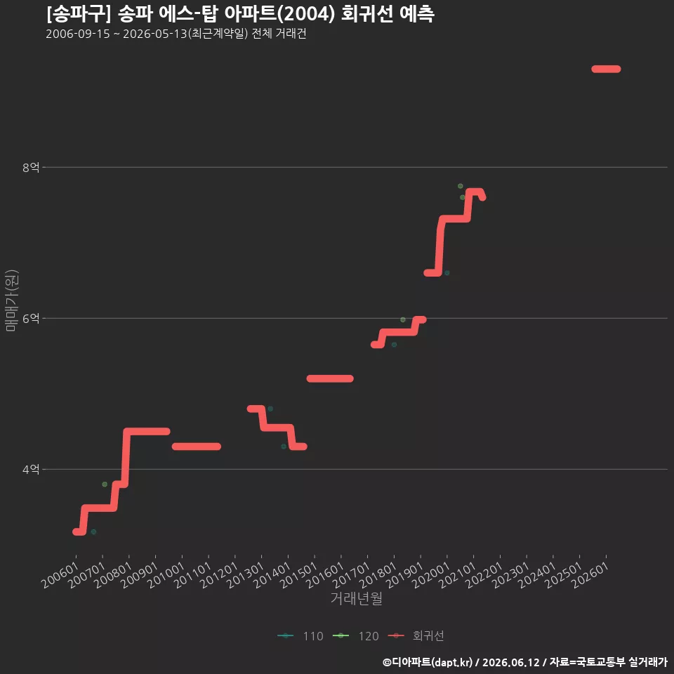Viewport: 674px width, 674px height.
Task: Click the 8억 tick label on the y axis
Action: [x=31, y=167]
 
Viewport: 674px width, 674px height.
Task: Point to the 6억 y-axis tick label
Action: [x=31, y=319]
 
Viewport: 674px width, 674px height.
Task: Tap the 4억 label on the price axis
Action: [x=31, y=470]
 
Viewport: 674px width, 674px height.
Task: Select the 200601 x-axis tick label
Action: [x=60, y=575]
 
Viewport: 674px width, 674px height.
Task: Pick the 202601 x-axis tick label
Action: [x=590, y=575]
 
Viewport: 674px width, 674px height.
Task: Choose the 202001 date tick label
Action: [x=431, y=575]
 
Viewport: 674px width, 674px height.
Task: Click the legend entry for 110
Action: [x=300, y=636]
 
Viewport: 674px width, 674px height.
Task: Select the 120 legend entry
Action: [x=356, y=636]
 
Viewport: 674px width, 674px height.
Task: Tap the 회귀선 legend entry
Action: [x=416, y=636]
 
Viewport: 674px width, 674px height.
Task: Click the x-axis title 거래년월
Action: [x=357, y=598]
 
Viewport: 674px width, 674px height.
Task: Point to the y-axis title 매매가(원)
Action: [x=11, y=301]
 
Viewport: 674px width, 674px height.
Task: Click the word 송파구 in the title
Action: [x=79, y=14]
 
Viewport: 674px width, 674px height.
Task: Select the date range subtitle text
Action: [x=176, y=34]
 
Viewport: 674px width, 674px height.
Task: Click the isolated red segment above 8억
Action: [x=606, y=70]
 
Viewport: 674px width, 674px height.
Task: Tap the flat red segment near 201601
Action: [x=330, y=378]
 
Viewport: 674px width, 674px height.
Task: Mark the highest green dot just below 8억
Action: [x=461, y=186]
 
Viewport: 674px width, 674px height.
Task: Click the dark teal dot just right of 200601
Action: [x=93, y=532]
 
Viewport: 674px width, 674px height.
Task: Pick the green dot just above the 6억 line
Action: [x=403, y=320]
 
